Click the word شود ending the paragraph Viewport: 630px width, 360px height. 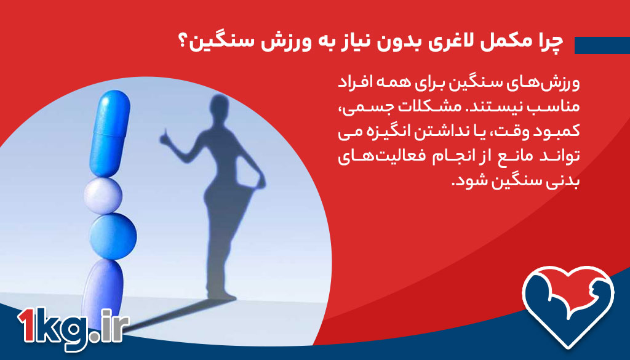467,182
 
